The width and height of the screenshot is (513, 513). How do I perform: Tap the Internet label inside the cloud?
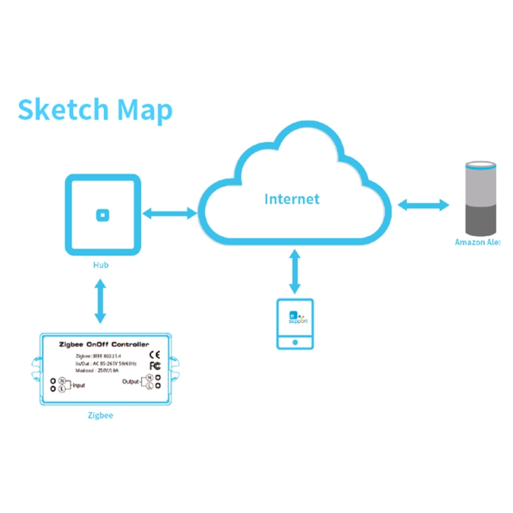(292, 199)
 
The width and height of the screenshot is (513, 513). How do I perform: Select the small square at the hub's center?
(103, 215)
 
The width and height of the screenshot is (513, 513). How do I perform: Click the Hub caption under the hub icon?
(101, 264)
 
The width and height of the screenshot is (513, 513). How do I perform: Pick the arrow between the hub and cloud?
(170, 214)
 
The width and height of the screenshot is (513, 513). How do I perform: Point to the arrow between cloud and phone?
(295, 272)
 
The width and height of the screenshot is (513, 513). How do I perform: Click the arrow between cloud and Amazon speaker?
(423, 204)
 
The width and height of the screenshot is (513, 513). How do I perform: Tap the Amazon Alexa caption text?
(478, 242)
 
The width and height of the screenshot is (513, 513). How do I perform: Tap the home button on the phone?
(295, 340)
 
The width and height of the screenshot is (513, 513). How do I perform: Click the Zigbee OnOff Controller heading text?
(103, 344)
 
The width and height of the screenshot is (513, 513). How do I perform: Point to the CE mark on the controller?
(155, 354)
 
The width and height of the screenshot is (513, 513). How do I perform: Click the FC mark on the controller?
(155, 367)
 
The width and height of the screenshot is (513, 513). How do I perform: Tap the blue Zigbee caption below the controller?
(101, 415)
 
